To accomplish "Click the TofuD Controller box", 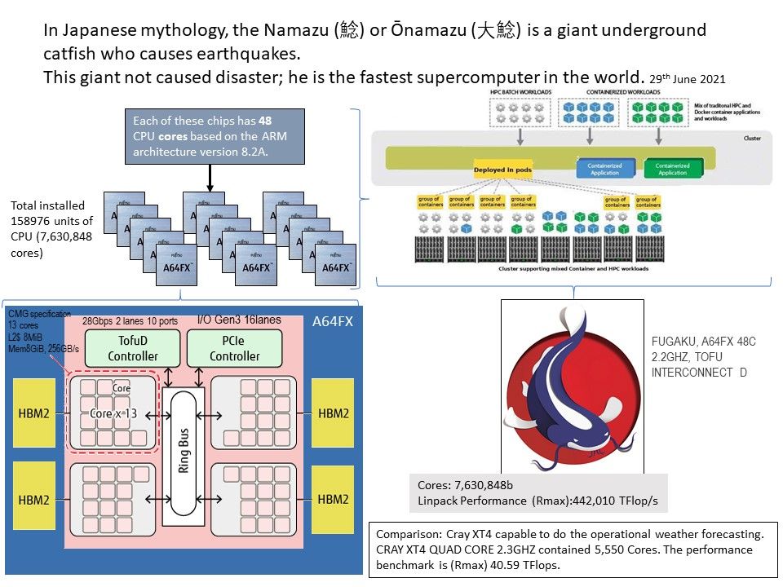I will [132, 348].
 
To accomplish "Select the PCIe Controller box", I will [235, 348].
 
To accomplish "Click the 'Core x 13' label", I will [113, 413].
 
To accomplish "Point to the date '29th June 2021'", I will [687, 78].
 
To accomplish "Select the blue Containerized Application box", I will [605, 169].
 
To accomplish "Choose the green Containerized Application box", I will [672, 169].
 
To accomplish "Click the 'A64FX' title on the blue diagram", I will [333, 322].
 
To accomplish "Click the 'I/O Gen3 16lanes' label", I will [240, 320].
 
